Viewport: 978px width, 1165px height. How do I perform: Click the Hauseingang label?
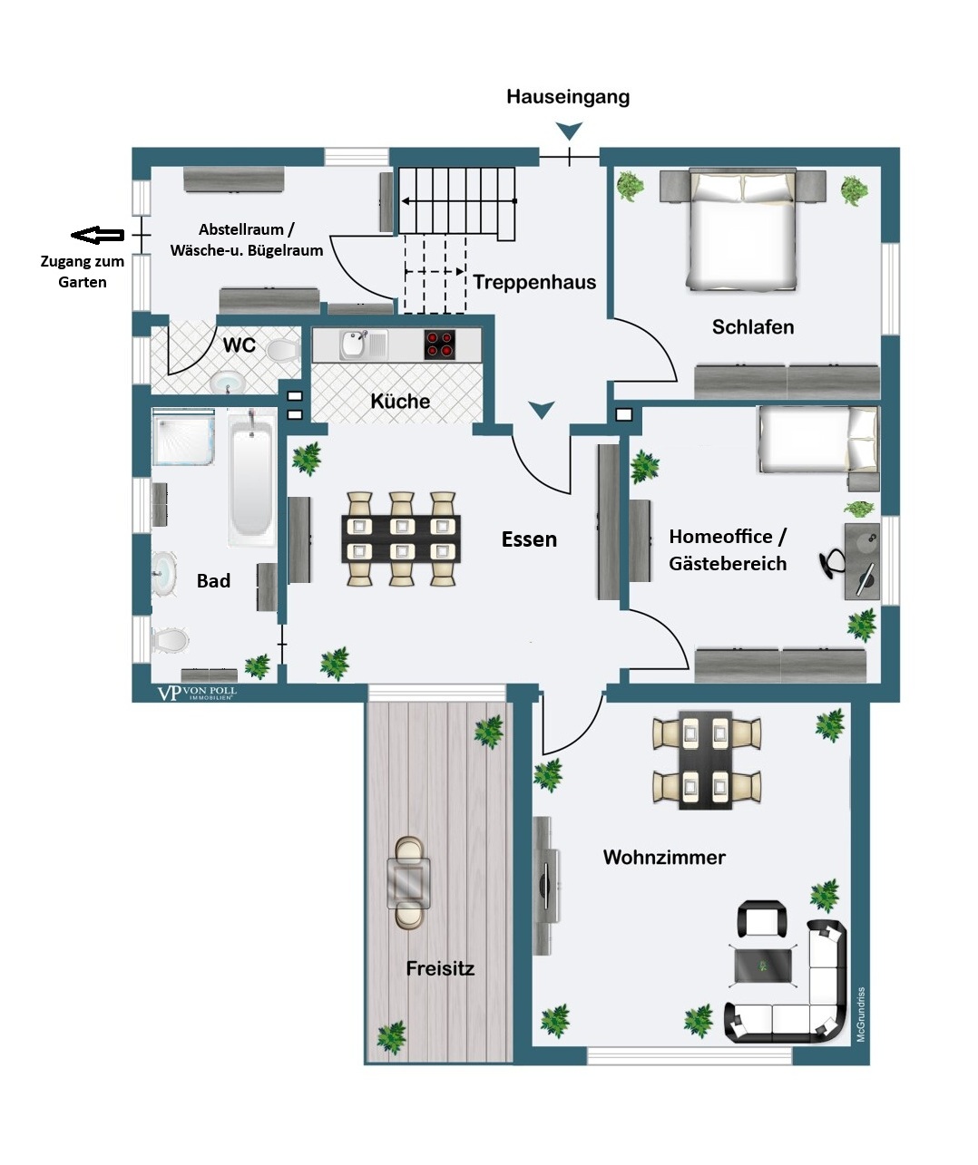click(x=567, y=97)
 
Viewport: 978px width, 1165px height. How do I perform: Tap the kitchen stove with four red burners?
click(x=439, y=345)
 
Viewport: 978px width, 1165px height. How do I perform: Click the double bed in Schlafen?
click(x=743, y=230)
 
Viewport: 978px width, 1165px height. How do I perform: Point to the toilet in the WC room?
click(x=283, y=352)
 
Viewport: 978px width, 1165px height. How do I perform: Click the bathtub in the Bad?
click(x=252, y=478)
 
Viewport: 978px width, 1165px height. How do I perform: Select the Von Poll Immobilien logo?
click(x=197, y=693)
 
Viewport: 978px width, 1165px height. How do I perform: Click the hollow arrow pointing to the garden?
click(x=98, y=235)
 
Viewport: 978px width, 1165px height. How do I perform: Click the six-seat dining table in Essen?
click(x=401, y=539)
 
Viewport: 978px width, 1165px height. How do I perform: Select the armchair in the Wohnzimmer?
click(x=762, y=919)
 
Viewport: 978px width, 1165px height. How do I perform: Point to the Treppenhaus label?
click(x=534, y=282)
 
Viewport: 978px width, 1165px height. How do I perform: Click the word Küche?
click(x=400, y=401)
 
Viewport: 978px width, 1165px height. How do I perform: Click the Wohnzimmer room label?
click(x=664, y=857)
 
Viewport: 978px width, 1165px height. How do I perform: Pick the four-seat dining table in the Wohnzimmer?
click(x=706, y=761)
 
